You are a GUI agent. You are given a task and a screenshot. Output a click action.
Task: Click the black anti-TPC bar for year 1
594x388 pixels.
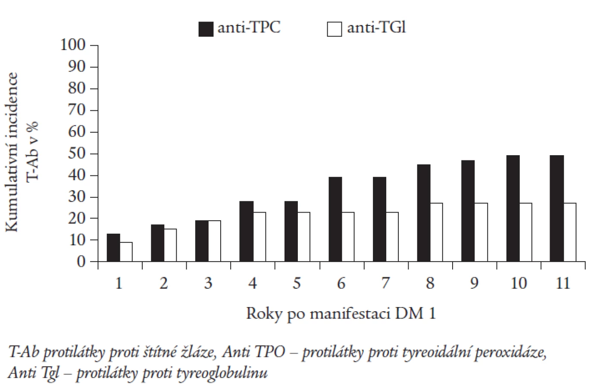click(x=113, y=248)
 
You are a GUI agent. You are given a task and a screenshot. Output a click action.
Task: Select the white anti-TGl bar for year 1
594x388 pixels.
click(x=126, y=252)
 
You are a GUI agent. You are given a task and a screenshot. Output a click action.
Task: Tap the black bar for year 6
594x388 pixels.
click(x=335, y=219)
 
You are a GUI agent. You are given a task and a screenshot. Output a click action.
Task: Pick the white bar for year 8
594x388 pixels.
click(x=437, y=232)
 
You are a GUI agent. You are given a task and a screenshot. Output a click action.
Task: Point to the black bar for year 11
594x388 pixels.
click(x=556, y=209)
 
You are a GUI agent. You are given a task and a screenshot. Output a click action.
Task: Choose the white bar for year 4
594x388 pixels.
click(x=259, y=237)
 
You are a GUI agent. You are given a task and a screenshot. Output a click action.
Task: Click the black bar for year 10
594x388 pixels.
click(x=513, y=209)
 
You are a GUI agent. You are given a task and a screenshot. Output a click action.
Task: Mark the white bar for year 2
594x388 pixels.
click(x=170, y=245)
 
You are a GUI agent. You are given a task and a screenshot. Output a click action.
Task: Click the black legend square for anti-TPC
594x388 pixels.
click(x=206, y=29)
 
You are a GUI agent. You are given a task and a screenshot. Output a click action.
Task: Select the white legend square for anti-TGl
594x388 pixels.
click(x=335, y=29)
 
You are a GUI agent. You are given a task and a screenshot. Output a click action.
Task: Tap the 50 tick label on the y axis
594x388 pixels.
click(x=77, y=153)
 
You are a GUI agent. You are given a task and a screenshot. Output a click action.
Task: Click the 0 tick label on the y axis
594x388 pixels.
click(x=81, y=262)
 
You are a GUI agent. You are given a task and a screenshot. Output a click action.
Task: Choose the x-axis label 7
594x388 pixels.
click(x=385, y=283)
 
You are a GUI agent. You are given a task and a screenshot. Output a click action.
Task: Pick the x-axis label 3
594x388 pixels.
click(x=208, y=283)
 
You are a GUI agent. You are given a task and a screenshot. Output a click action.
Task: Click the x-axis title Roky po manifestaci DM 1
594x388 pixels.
click(x=341, y=314)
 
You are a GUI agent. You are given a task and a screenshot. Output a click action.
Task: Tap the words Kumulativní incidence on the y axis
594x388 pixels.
click(x=11, y=152)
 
